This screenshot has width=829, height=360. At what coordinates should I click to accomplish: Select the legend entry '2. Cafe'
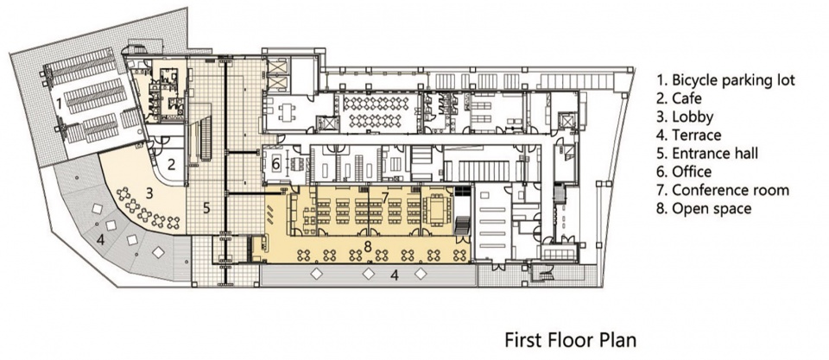(680, 98)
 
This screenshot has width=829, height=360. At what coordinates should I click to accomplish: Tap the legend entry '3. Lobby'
(685, 117)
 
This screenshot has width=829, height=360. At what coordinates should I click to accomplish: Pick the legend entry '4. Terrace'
(689, 135)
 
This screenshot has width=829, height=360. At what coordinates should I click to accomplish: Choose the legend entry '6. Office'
(684, 171)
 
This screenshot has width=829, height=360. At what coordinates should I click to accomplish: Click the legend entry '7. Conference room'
(723, 190)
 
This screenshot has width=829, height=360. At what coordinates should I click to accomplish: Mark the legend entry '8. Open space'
(704, 208)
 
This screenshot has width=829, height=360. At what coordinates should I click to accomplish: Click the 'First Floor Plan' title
(571, 339)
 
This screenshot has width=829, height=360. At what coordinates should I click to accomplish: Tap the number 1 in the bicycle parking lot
(60, 104)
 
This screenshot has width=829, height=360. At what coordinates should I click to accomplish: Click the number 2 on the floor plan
(171, 164)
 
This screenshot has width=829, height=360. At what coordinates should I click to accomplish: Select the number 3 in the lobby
(149, 193)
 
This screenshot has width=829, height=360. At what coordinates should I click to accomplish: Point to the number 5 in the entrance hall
(206, 208)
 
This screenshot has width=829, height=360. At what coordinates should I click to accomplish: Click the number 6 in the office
(275, 164)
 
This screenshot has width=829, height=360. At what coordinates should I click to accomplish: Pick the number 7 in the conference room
(385, 198)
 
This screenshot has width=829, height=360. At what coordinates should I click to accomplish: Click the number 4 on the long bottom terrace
(395, 275)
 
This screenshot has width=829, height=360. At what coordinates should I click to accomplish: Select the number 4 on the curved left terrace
(100, 239)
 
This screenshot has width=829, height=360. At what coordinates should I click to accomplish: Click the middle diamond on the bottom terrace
(369, 274)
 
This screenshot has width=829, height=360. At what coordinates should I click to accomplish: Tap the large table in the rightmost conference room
(438, 207)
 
